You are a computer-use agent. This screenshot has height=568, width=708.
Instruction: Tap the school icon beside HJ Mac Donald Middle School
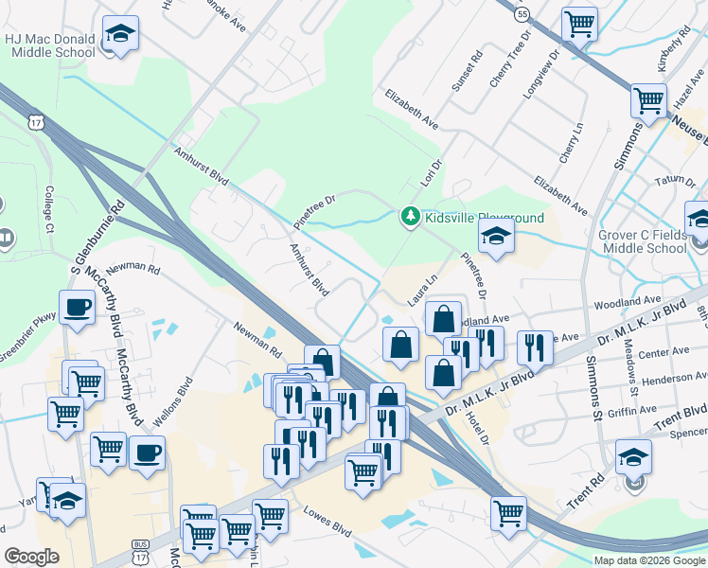tap(120, 36)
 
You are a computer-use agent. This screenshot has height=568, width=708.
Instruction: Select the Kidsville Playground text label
tap(485, 218)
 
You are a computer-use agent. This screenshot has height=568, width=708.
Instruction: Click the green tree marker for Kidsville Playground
tap(411, 218)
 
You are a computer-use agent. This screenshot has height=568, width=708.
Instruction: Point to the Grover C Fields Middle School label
tap(642, 241)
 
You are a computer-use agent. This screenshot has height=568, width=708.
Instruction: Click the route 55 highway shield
tap(522, 14)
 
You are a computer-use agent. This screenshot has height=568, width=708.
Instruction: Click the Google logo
tap(31, 557)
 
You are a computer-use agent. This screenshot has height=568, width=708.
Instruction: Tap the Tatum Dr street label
tap(675, 180)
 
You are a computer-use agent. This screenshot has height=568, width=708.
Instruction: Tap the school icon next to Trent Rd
tap(633, 459)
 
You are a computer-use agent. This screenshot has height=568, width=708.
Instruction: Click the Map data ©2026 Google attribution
tap(649, 559)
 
